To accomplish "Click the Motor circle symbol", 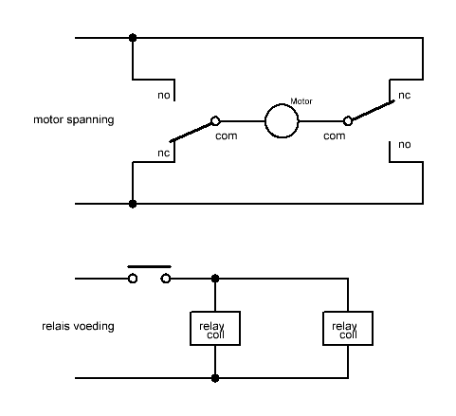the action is click(282, 105).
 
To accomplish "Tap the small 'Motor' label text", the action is click(301, 101).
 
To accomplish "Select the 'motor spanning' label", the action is click(74, 120).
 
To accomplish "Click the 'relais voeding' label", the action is click(78, 326).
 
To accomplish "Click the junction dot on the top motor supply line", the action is click(133, 38).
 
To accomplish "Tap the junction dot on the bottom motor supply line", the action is click(133, 204).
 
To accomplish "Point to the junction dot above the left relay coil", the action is click(215, 279).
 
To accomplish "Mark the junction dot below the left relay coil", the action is click(215, 378).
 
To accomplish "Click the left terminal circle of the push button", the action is click(133, 275).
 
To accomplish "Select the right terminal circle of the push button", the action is click(166, 275).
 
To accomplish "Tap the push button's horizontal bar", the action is click(149, 267).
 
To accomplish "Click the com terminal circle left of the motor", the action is click(215, 117).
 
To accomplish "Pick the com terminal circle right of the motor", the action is click(348, 117).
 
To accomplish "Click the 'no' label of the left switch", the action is click(164, 96).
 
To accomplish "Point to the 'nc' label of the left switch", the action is click(164, 154).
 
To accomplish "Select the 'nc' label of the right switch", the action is click(405, 96).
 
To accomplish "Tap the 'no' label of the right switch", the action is click(405, 145).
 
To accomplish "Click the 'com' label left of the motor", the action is click(227, 136).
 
